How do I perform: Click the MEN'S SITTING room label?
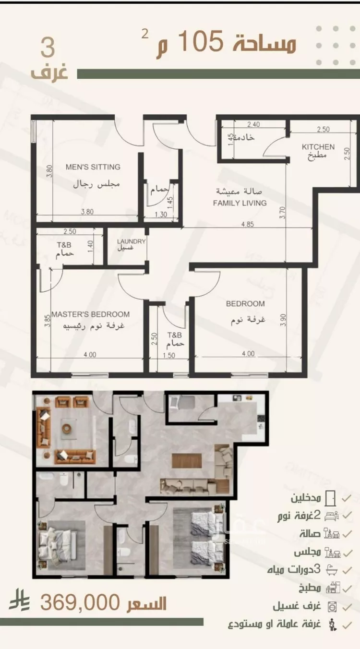click(93, 167)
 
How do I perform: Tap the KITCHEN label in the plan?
click(318, 147)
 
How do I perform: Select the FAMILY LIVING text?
click(240, 203)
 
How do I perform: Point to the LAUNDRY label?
click(131, 241)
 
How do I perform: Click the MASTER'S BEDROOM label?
click(91, 314)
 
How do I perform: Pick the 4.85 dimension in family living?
click(247, 224)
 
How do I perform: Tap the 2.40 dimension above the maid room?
click(253, 125)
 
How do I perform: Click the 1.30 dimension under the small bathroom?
click(161, 215)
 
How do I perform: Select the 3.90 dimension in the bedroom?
click(283, 320)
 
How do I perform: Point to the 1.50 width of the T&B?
click(168, 356)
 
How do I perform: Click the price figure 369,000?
click(80, 602)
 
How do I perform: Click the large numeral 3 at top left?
click(48, 48)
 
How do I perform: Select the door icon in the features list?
click(330, 498)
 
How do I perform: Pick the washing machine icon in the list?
click(332, 606)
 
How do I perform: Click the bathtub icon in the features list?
click(331, 570)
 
